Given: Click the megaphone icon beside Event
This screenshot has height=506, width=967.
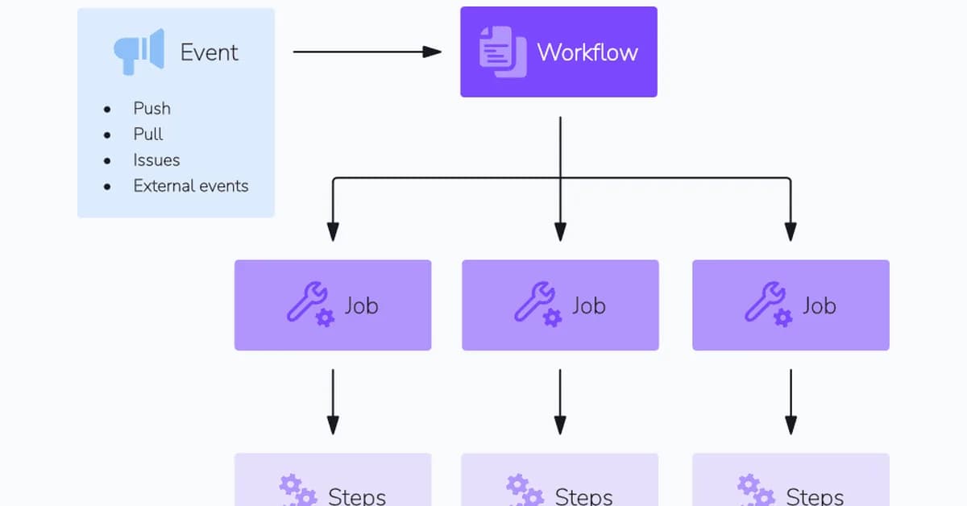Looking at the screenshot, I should click(x=139, y=52).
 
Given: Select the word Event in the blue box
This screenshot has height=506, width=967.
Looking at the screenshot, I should click(x=209, y=52).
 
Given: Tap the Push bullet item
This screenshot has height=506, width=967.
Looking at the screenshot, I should click(x=151, y=108).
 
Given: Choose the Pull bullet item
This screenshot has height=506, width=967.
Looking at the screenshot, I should click(x=148, y=134).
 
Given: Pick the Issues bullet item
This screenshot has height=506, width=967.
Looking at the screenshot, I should click(x=156, y=160).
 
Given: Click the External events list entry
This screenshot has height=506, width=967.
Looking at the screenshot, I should click(x=190, y=185).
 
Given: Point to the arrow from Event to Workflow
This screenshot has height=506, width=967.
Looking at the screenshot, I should click(x=367, y=52).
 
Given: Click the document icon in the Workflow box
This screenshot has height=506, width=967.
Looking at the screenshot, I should click(x=502, y=52).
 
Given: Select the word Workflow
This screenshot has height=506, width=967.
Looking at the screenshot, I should click(x=587, y=52).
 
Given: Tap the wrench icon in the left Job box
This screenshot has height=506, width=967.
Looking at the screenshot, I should click(x=309, y=304).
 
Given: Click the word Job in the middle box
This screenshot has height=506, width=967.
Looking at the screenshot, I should click(x=588, y=305).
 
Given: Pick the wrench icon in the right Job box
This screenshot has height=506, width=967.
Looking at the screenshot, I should click(x=767, y=304).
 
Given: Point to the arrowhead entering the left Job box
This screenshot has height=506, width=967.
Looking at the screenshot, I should click(x=333, y=231).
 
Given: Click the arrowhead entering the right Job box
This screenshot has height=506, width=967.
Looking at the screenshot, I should click(x=791, y=231).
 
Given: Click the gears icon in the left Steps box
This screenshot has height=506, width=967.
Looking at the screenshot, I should click(x=297, y=490).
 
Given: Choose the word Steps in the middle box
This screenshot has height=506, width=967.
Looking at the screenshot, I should click(x=583, y=496).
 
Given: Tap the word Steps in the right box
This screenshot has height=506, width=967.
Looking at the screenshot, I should click(x=814, y=496).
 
